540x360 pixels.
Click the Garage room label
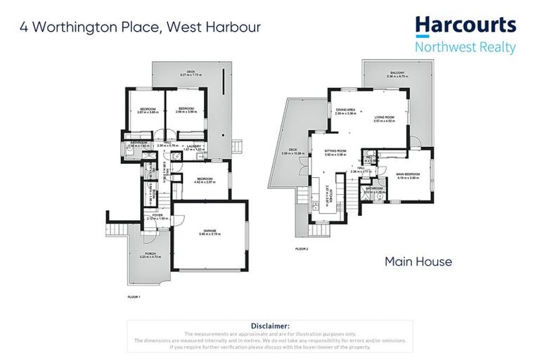point(209,230)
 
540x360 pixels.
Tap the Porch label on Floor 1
point(150,254)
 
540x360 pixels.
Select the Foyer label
point(157,215)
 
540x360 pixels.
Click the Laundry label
point(193,146)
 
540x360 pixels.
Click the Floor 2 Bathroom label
point(373,188)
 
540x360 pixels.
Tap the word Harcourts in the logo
point(465,26)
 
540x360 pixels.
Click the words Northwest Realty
point(465,48)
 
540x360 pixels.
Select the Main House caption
point(418,262)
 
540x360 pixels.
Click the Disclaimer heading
point(270,326)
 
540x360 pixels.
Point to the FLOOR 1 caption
point(134,297)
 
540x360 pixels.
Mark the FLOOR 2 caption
point(302,250)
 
